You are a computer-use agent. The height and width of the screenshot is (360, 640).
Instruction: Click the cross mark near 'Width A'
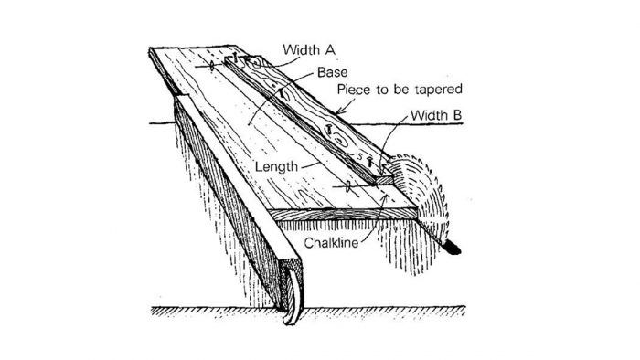point(212,66)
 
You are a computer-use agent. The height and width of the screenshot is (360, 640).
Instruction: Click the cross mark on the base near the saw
point(348,185)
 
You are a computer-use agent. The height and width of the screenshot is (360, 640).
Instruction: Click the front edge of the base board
point(347,217)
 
